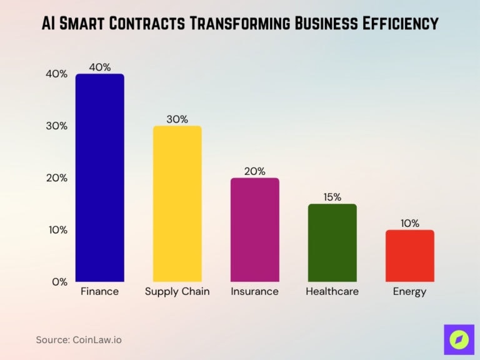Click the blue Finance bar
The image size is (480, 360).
[x=99, y=178]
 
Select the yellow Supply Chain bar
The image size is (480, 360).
[x=177, y=204]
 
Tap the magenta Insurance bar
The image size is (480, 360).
[x=254, y=230]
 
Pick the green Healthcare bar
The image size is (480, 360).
[x=332, y=242]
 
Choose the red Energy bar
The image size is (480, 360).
[x=409, y=256]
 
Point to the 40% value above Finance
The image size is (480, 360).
[x=99, y=67]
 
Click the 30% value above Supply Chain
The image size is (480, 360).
[x=177, y=119]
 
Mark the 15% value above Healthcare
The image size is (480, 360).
[x=332, y=197]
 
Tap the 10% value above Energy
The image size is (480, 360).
[x=409, y=223]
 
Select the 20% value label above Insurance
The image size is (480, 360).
[x=254, y=171]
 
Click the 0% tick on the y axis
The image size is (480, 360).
[x=60, y=282]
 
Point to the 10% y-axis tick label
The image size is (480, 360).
[x=57, y=230]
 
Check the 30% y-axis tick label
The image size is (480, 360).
[x=57, y=126]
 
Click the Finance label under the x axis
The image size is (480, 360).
[x=99, y=292]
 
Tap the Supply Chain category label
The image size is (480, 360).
[x=177, y=292]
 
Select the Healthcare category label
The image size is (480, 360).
[x=332, y=292]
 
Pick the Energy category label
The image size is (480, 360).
[x=409, y=292]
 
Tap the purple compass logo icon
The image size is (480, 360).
[x=459, y=339]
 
